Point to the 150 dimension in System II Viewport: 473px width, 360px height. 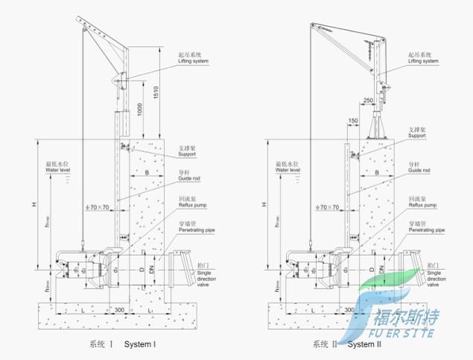353,120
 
